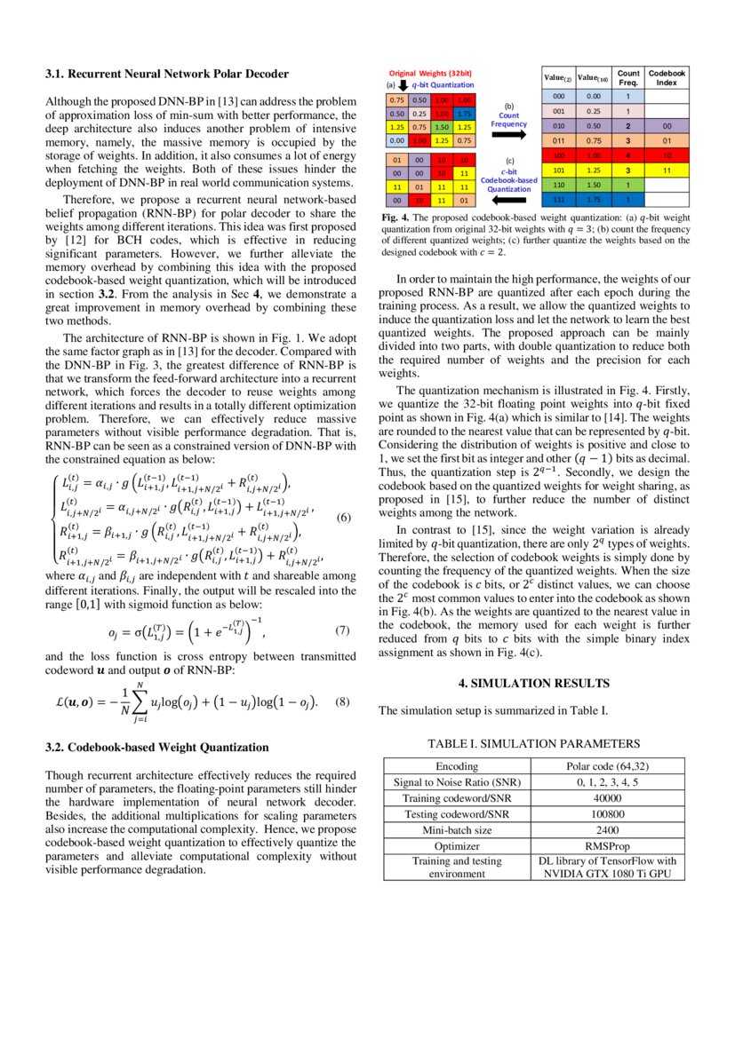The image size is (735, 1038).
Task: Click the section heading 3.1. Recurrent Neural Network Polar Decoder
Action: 166,73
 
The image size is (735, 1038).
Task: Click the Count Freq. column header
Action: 628,77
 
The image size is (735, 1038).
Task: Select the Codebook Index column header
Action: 667,77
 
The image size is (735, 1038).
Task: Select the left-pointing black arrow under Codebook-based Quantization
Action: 508,201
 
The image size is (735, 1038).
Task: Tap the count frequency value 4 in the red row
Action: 628,155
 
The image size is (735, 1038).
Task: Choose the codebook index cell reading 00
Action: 667,126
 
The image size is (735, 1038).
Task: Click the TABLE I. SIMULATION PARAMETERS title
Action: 533,743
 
